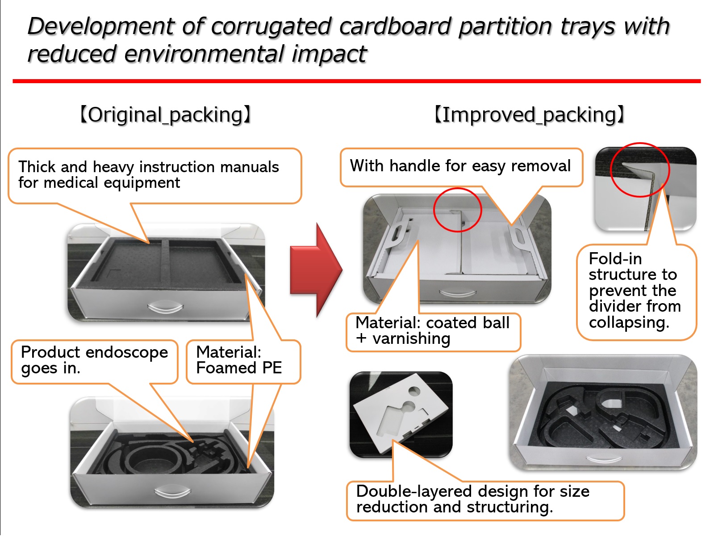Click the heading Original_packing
[x=165, y=115]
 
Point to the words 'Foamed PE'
[x=239, y=368]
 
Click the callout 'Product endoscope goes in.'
[x=94, y=360]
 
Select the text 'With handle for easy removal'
[x=460, y=166]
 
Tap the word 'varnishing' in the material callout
[x=411, y=338]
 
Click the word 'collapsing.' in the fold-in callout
[x=629, y=322]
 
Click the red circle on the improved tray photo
[x=457, y=210]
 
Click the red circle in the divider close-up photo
[x=639, y=169]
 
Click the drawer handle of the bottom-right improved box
[x=603, y=458]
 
